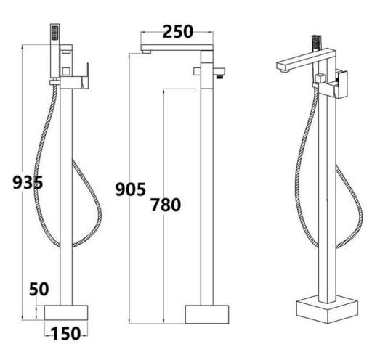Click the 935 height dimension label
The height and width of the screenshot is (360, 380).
click(x=28, y=183)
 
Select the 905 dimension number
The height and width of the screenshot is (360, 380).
click(x=131, y=190)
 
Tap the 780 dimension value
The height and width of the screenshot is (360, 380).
click(x=166, y=205)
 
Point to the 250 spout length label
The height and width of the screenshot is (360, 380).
click(x=178, y=31)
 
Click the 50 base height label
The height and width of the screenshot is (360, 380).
click(x=39, y=289)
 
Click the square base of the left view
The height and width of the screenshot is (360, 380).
click(x=66, y=313)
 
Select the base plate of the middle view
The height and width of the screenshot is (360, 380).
click(x=207, y=314)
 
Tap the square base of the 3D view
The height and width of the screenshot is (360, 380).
click(x=326, y=310)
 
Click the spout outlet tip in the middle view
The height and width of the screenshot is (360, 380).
click(x=147, y=50)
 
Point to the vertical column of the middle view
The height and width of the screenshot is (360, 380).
click(x=207, y=189)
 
